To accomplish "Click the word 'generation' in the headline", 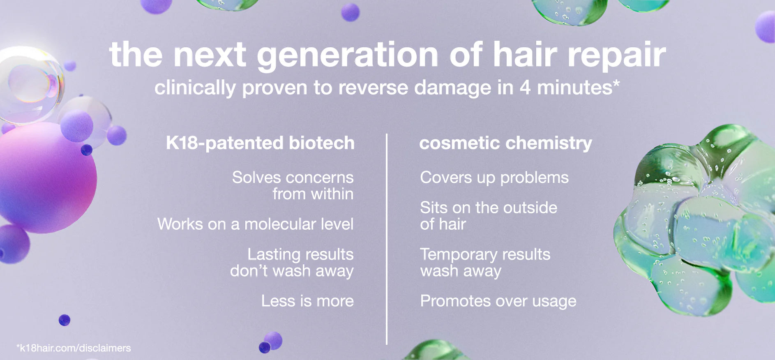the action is (347, 55).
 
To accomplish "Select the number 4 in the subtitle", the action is (525, 88).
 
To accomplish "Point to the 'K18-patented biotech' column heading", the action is (260, 143).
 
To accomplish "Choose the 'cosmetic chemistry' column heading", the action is (505, 143).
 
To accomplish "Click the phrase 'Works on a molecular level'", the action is (255, 224).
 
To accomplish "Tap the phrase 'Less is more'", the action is (307, 301).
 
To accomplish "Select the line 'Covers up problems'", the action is (494, 178).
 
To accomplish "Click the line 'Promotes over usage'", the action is (498, 301).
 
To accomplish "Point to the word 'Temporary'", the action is (459, 255).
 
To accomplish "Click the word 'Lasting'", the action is (274, 255).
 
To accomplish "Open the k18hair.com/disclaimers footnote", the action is (74, 348).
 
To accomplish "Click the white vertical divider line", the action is (387, 239).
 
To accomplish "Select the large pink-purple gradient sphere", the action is (45, 178).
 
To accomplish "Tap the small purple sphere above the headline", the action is (350, 12).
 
